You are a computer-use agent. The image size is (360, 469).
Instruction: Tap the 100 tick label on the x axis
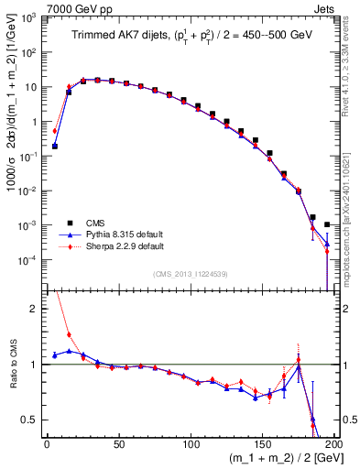(191, 442)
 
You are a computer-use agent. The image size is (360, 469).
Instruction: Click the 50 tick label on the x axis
(119, 442)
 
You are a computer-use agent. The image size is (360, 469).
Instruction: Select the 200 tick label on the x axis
(335, 442)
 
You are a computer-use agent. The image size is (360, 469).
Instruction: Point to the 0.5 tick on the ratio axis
(33, 420)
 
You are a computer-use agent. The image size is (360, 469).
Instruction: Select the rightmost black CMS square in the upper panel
(327, 224)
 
